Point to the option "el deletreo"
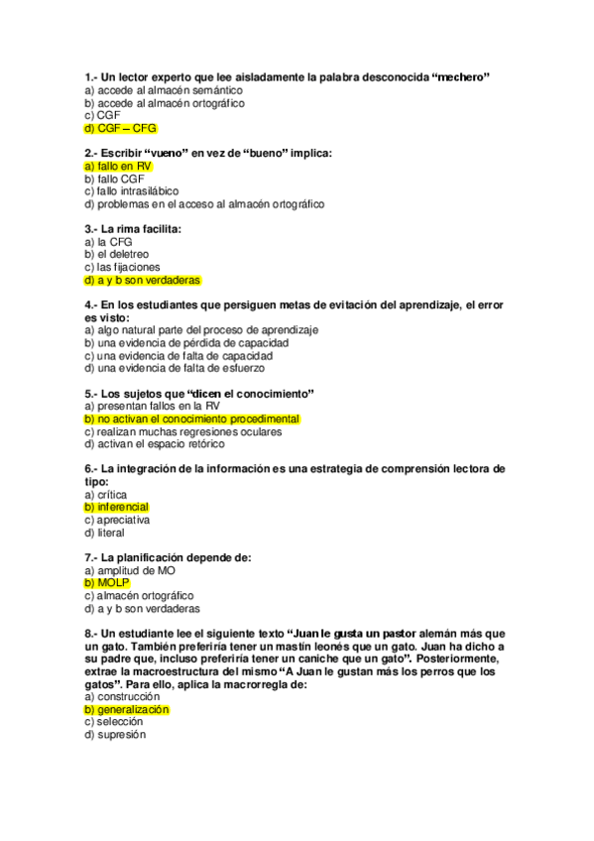tap(116, 255)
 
